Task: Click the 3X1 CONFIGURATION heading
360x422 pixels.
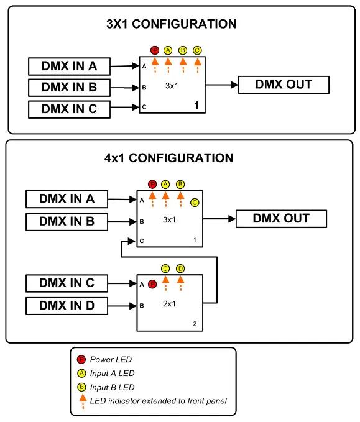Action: [x=171, y=24]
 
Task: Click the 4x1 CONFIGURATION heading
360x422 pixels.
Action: [x=168, y=158]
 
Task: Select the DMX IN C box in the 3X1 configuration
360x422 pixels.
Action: [x=69, y=109]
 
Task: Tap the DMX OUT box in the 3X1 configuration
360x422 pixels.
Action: [x=284, y=85]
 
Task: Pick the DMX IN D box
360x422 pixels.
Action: [x=67, y=306]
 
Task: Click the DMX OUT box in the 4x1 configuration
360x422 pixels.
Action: [x=281, y=219]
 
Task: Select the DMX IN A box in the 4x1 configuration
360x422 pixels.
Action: [x=67, y=199]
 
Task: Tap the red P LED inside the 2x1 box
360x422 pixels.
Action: [x=152, y=284]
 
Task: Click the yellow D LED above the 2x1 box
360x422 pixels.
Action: [x=180, y=268]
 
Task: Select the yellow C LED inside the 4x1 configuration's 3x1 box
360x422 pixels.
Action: [x=195, y=202]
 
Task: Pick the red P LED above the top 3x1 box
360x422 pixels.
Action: [x=155, y=50]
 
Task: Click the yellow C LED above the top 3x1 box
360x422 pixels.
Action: [x=197, y=50]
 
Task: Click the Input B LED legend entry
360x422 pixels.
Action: [x=112, y=387]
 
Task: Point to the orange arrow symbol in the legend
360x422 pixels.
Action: [x=81, y=400]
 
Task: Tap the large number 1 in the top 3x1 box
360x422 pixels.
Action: [x=197, y=106]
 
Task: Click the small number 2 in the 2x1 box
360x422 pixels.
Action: [x=195, y=324]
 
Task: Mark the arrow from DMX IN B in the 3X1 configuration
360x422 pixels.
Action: [x=125, y=88]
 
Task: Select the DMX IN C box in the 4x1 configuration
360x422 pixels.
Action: [x=67, y=283]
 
